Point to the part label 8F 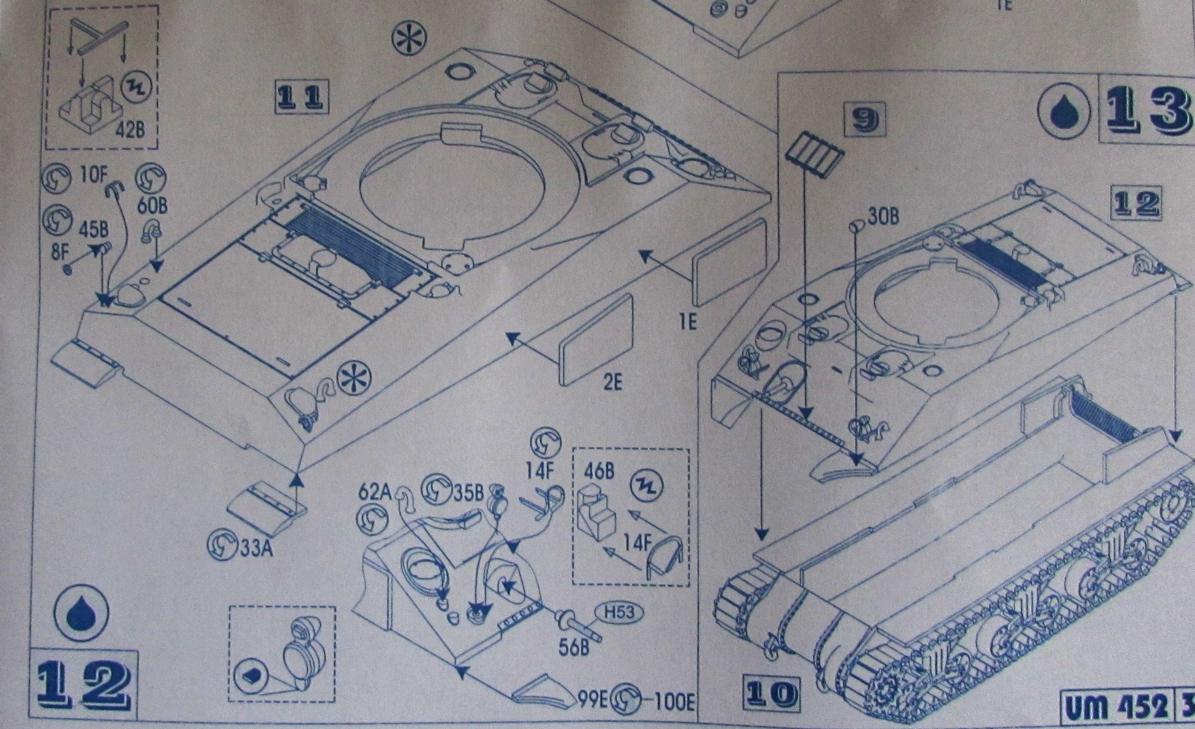pos(60,252)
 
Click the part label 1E pos(687,322)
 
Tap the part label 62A pos(375,493)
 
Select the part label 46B pos(599,472)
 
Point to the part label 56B pos(573,646)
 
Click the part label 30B pos(883,217)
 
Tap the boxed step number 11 pos(302,98)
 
